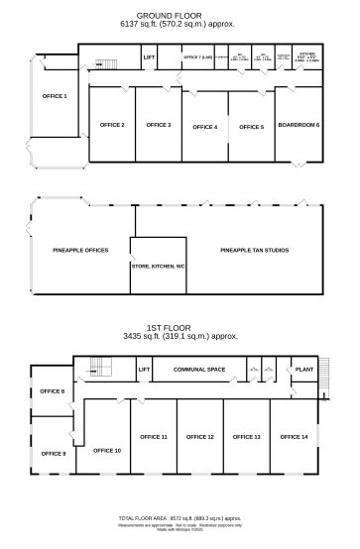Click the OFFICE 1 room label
(55, 96)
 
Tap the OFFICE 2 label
(112, 125)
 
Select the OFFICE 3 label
(159, 125)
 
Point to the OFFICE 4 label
(204, 127)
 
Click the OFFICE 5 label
(251, 127)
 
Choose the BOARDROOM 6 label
(299, 125)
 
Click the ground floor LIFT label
(149, 57)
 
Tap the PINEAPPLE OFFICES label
(80, 252)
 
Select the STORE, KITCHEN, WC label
(158, 267)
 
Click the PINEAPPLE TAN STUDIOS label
(254, 252)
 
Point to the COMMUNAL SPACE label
(199, 370)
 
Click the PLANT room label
(303, 370)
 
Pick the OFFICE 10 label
(107, 451)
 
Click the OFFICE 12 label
(199, 437)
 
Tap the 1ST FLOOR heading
(179, 328)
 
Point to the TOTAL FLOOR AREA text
(180, 518)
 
